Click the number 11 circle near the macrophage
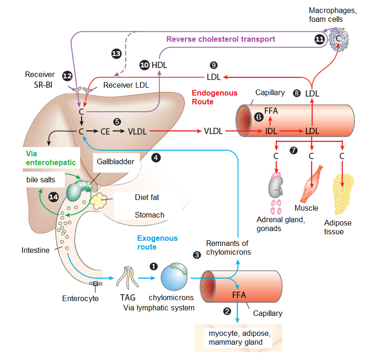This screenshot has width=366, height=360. pyautogui.click(x=319, y=39)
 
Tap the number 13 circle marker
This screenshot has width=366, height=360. pyautogui.click(x=117, y=54)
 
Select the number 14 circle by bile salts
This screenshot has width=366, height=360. pyautogui.click(x=54, y=197)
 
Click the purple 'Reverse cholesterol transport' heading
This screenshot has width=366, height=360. pyautogui.click(x=221, y=39)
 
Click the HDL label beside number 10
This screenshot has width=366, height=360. pyautogui.click(x=159, y=65)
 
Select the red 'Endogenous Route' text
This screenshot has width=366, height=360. pyautogui.click(x=215, y=97)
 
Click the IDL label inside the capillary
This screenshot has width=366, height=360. pyautogui.click(x=271, y=131)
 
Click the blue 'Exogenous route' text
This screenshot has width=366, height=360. pyautogui.click(x=157, y=243)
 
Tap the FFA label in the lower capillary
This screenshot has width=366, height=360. pyautogui.click(x=239, y=295)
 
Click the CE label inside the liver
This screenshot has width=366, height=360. pyautogui.click(x=105, y=131)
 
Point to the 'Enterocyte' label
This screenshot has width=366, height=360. pyautogui.click(x=80, y=298)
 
